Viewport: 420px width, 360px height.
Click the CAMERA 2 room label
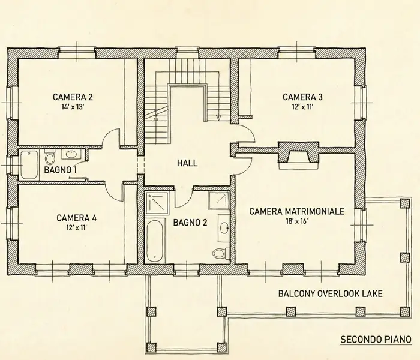tap(73, 97)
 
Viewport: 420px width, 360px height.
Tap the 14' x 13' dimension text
tap(73, 107)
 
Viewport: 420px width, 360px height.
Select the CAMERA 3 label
tap(302, 97)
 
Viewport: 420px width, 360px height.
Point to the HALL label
tap(187, 163)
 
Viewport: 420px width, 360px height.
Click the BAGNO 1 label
tap(61, 170)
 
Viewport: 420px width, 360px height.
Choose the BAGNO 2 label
tap(190, 223)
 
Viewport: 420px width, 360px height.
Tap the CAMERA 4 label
tap(76, 218)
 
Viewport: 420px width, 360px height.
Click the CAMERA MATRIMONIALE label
tap(297, 211)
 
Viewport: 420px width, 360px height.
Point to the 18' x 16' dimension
tap(297, 221)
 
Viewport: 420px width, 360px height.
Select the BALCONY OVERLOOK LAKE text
tap(330, 294)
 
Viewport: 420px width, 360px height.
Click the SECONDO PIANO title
tap(376, 340)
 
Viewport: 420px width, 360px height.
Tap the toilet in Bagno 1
tap(50, 157)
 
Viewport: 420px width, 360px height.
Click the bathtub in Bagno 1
tap(29, 165)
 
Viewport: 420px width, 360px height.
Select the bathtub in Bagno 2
tap(155, 241)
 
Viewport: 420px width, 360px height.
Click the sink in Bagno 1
tap(71, 154)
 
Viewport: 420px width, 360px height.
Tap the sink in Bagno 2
tap(224, 228)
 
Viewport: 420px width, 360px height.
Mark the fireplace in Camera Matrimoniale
tap(298, 156)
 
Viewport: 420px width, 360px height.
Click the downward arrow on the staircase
tap(219, 117)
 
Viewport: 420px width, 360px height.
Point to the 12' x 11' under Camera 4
tap(76, 228)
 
